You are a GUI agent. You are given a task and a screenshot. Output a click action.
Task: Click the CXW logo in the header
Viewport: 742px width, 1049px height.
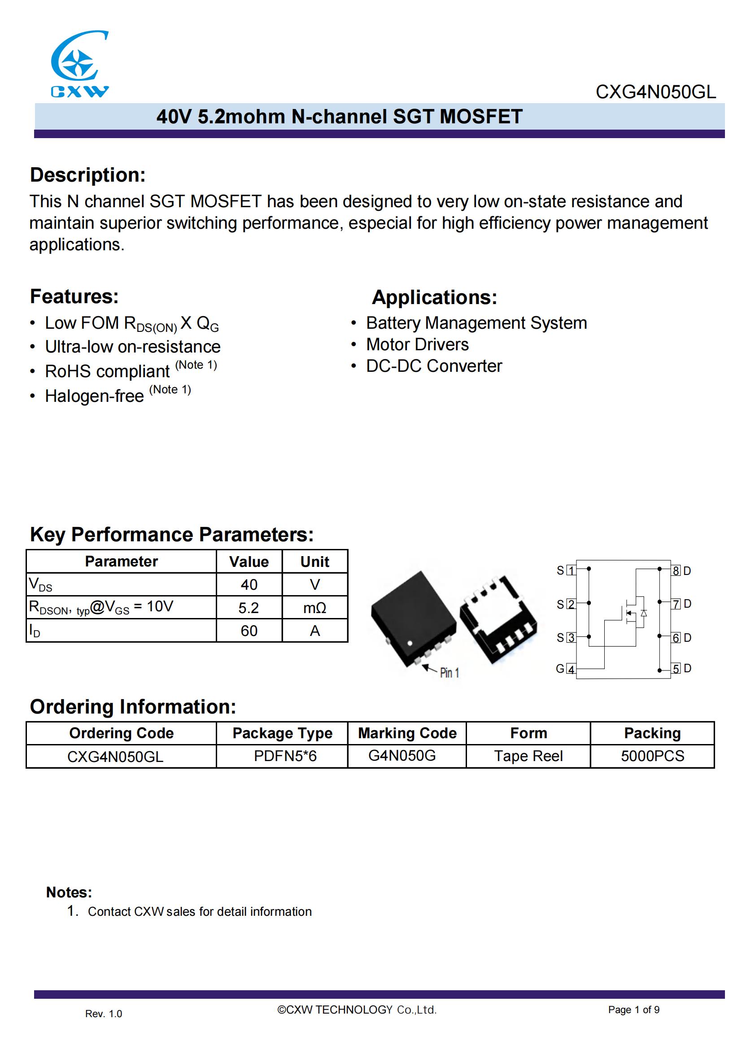pyautogui.click(x=79, y=64)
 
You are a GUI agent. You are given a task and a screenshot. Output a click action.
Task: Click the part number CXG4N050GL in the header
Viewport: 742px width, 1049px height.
pyautogui.click(x=655, y=92)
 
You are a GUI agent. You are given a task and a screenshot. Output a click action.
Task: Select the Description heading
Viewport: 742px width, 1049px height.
pyautogui.click(x=88, y=175)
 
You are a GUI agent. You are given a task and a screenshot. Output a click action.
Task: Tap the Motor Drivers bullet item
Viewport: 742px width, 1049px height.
pyautogui.click(x=417, y=344)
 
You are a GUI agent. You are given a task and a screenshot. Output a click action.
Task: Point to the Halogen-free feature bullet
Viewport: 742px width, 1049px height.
pyautogui.click(x=94, y=396)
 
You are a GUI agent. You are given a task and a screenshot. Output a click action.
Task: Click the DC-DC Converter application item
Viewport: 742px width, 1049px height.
pyautogui.click(x=434, y=366)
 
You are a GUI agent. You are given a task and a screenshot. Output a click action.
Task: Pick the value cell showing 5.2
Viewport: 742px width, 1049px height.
pyautogui.click(x=249, y=608)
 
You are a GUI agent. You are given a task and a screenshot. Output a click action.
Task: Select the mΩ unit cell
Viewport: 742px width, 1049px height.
pyautogui.click(x=315, y=608)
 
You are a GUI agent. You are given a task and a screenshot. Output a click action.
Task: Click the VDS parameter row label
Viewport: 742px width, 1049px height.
pyautogui.click(x=41, y=584)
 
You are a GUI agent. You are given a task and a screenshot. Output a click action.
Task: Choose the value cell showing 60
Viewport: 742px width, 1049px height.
pyautogui.click(x=249, y=631)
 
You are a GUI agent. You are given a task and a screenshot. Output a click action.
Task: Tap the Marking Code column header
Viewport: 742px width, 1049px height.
pyautogui.click(x=407, y=733)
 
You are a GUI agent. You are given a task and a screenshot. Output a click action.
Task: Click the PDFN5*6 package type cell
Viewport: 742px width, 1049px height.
pyautogui.click(x=285, y=756)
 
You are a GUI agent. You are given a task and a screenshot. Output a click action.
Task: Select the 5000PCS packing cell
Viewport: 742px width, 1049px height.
pyautogui.click(x=652, y=756)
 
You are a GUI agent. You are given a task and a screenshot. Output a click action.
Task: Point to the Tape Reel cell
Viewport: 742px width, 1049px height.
pyautogui.click(x=528, y=756)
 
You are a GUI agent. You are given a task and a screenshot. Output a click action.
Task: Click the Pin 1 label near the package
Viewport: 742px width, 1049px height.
pyautogui.click(x=449, y=673)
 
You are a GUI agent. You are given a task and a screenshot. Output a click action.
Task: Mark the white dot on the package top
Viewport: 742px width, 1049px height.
pyautogui.click(x=410, y=643)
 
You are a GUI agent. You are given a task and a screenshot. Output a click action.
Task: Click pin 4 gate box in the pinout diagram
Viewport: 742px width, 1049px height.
pyautogui.click(x=571, y=670)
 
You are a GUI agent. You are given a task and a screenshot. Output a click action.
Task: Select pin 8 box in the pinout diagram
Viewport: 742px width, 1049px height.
pyautogui.click(x=676, y=570)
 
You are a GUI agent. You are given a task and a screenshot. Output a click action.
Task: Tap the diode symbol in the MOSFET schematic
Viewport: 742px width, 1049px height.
pyautogui.click(x=644, y=613)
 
